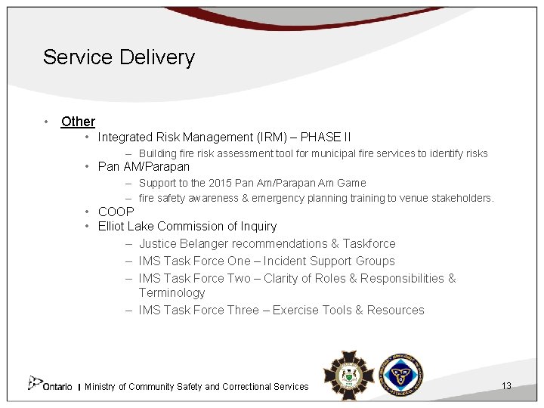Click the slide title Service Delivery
click(119, 57)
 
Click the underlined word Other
click(78, 122)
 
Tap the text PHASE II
click(326, 138)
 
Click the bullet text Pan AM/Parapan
click(144, 167)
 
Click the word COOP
click(116, 212)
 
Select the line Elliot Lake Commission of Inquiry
click(187, 227)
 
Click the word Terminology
click(172, 293)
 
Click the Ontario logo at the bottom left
click(50, 385)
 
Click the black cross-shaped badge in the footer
click(348, 374)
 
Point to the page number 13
click(506, 386)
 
